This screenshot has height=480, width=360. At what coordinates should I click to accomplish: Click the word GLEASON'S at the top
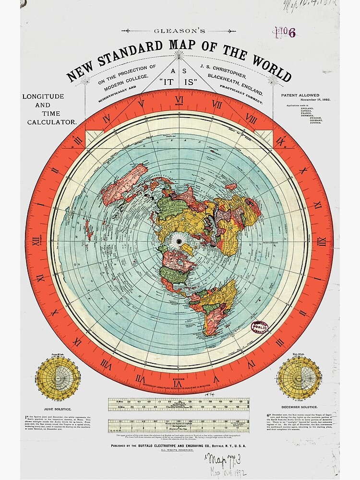pyautogui.click(x=180, y=31)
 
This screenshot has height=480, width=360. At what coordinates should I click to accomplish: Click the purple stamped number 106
pyautogui.click(x=285, y=33)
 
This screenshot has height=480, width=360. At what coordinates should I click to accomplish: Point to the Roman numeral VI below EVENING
pyautogui.click(x=180, y=382)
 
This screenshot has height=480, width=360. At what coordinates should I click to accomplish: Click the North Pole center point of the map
pyautogui.click(x=180, y=240)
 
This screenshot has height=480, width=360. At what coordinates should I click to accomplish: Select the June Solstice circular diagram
pyautogui.click(x=57, y=377)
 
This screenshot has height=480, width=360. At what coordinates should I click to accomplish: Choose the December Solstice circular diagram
pyautogui.click(x=300, y=377)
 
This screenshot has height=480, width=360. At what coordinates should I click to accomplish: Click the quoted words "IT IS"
pyautogui.click(x=180, y=82)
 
